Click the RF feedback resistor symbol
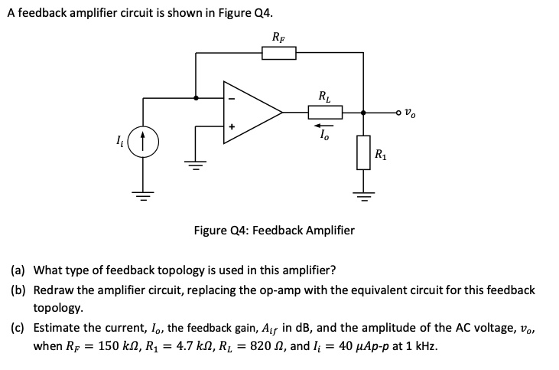[x=278, y=53]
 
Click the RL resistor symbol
[x=325, y=113]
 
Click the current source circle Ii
[x=144, y=141]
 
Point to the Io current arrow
[x=325, y=124]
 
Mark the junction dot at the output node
[x=363, y=113]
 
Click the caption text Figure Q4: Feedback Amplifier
[x=274, y=229]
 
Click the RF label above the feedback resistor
[x=278, y=36]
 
